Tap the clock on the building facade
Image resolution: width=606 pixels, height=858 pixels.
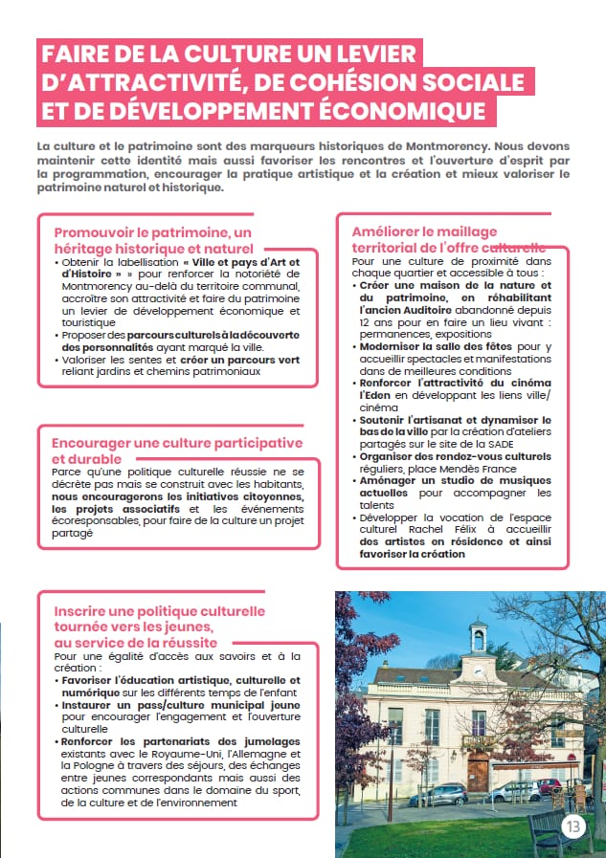476,670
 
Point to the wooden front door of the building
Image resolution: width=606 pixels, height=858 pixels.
478,769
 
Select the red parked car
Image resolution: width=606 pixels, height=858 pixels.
549,786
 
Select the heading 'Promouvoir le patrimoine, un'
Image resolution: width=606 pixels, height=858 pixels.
152,232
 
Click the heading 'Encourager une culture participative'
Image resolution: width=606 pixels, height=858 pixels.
177,443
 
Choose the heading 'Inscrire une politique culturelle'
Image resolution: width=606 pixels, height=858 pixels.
159,610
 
